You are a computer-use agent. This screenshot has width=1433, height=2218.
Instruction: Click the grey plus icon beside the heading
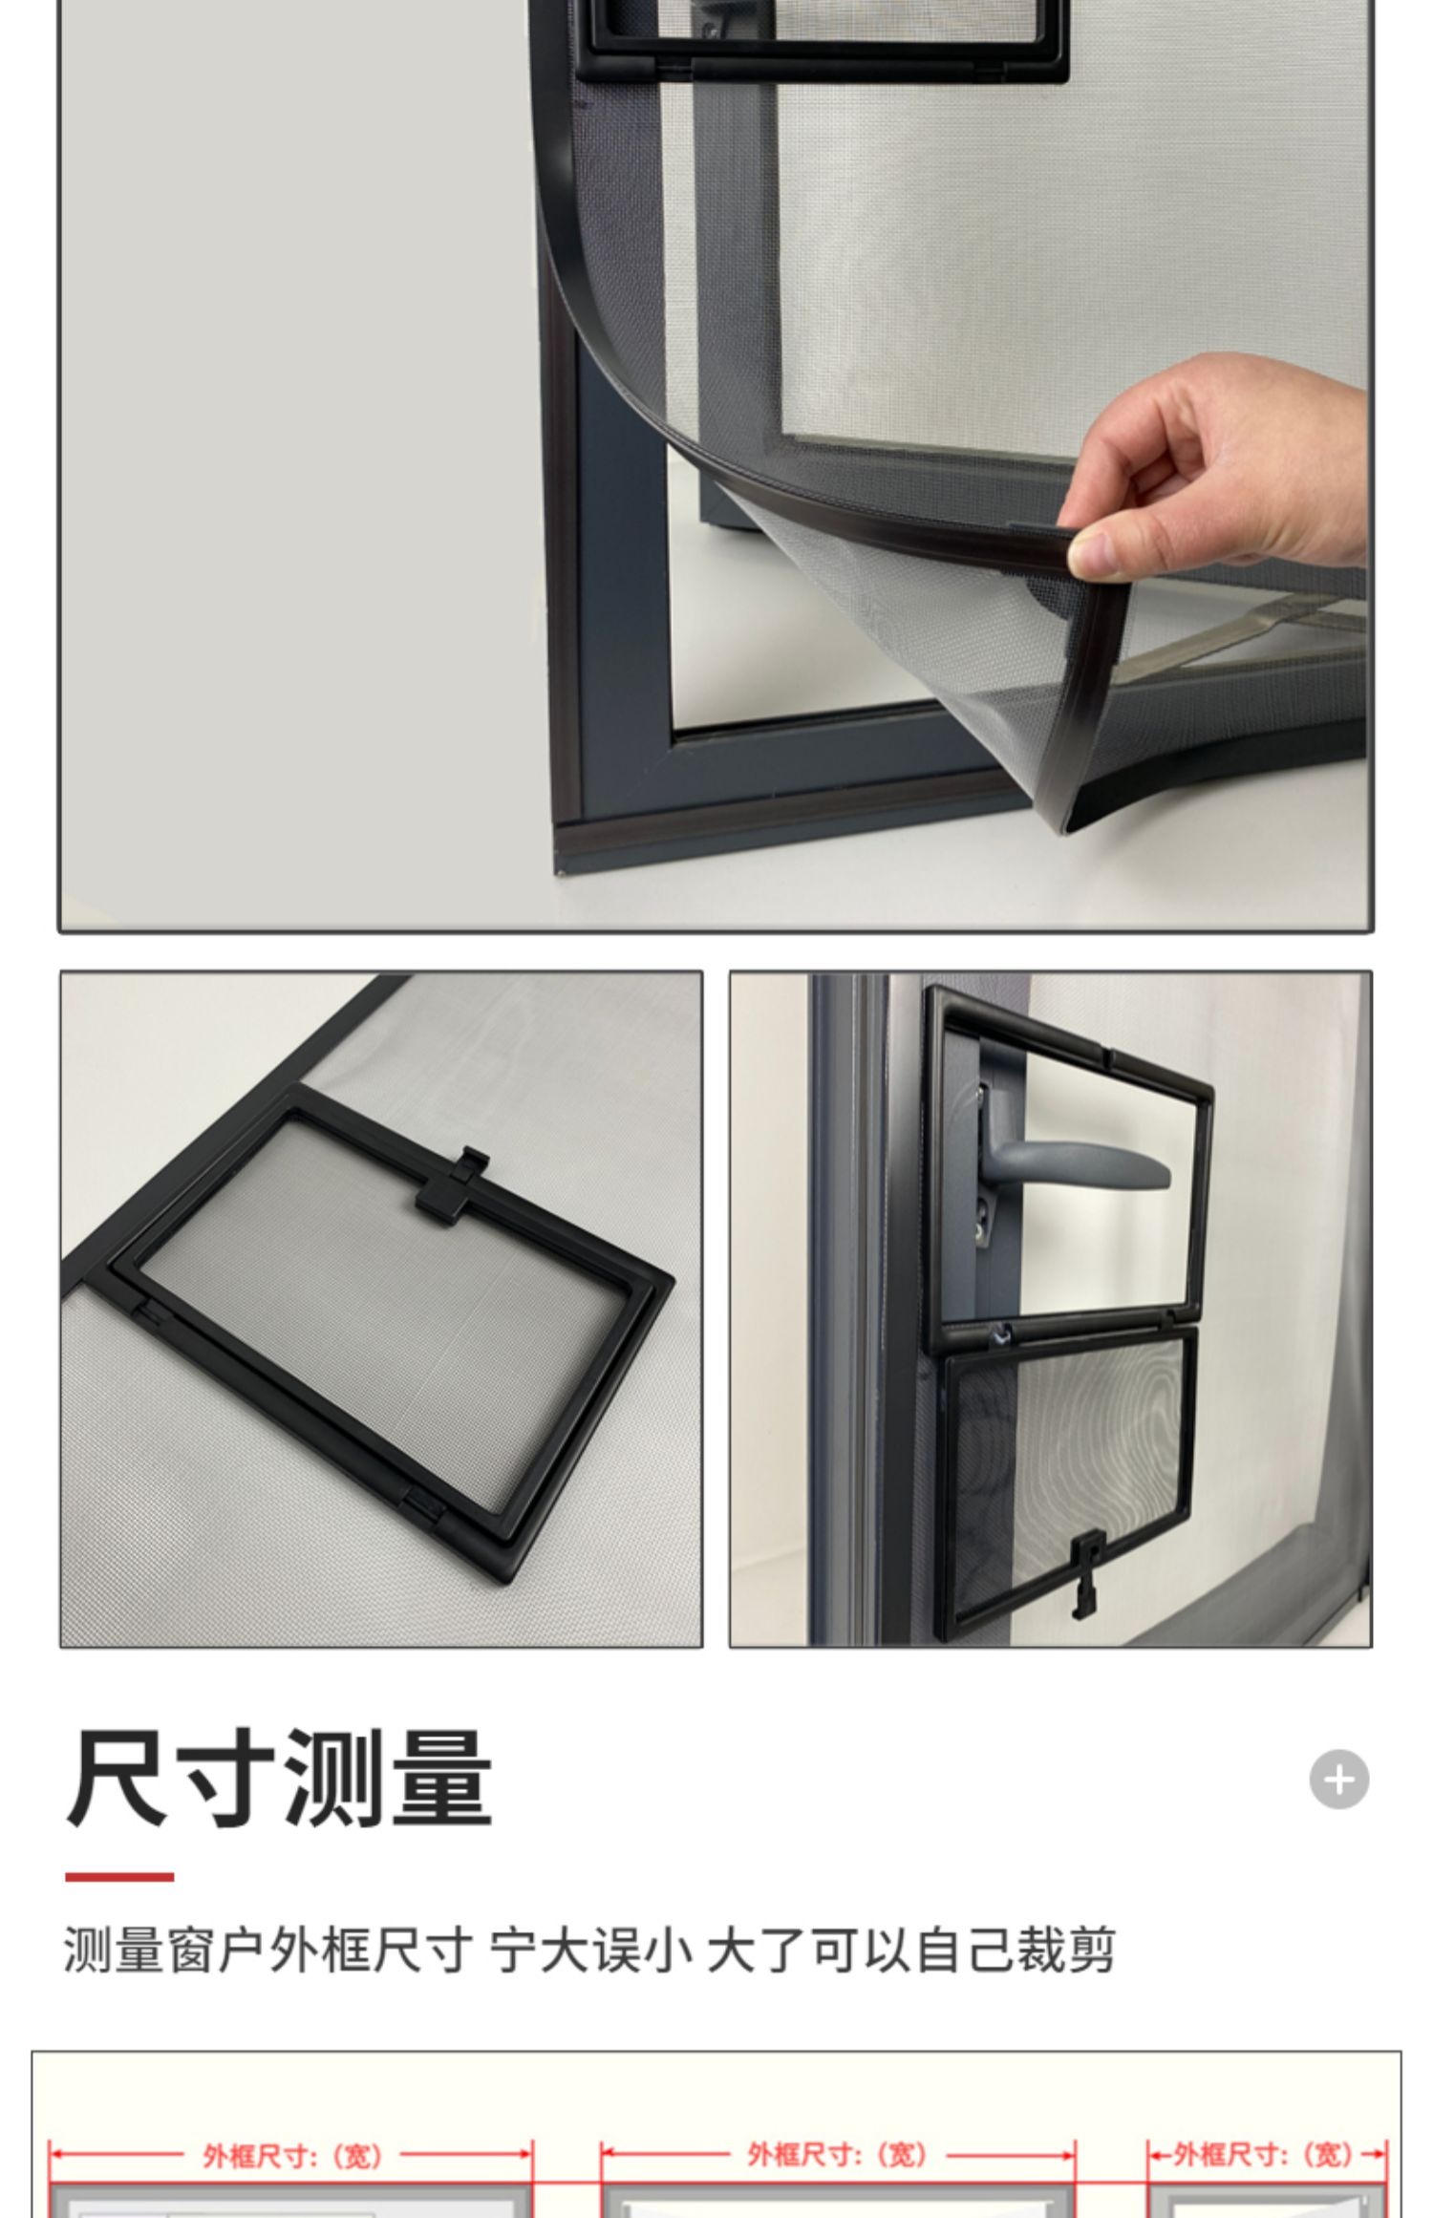point(1338,1779)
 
